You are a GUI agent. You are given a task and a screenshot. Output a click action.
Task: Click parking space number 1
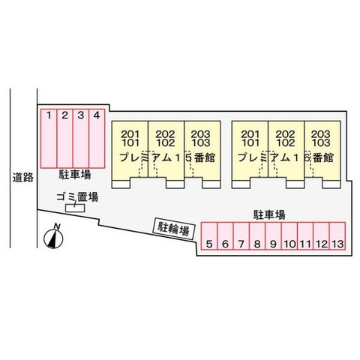pos(49,139)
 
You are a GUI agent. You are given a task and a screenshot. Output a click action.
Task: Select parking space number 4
pos(97,139)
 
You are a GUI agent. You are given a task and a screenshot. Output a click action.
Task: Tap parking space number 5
pos(209,236)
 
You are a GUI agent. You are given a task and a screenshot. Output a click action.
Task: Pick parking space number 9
pos(273,236)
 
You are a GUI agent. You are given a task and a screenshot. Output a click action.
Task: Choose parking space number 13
pos(337,236)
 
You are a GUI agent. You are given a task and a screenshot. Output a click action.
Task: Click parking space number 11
pos(305,236)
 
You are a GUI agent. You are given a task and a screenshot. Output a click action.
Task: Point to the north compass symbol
pos(53,237)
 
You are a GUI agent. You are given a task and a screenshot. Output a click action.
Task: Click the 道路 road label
pos(23,177)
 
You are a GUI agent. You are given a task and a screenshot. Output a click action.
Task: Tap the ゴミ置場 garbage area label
pos(77,197)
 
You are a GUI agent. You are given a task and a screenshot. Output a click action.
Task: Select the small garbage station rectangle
pos(75,208)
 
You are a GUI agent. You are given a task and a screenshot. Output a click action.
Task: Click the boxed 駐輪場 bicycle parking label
pos(174,229)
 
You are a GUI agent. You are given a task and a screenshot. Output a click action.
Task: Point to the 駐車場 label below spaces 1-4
pos(75,175)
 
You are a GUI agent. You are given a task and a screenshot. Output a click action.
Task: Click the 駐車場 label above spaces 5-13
pos(269,214)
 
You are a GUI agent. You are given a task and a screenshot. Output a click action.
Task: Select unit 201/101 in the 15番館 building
pos(130,150)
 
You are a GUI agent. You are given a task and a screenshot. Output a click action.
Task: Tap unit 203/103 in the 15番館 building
pos(202,150)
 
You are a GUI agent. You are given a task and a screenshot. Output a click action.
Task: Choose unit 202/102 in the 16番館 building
pos(286,150)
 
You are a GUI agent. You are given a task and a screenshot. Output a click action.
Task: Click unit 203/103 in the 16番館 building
pos(322,150)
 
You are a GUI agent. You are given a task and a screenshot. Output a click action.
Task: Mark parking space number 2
pos(65,139)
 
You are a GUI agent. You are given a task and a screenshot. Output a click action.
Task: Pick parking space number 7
pos(241,236)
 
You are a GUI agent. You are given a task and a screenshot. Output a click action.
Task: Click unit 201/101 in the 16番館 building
pos(250,150)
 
